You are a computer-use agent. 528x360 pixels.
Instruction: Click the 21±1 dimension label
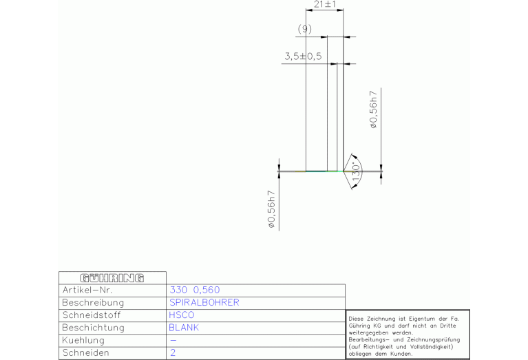tap(325, 4)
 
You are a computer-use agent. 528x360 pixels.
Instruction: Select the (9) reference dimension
tap(305, 29)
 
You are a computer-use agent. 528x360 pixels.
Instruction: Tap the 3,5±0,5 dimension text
tap(303, 56)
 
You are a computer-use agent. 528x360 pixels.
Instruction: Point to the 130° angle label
tap(356, 172)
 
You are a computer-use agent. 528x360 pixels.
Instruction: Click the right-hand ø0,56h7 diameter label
tap(373, 109)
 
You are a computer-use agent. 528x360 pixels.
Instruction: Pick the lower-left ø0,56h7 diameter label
tap(271, 209)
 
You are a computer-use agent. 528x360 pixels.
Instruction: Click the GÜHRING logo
tap(112, 278)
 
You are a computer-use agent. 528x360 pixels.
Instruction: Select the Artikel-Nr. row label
tap(87, 290)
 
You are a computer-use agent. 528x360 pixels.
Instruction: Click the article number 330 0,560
tap(195, 290)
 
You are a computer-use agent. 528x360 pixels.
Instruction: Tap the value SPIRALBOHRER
tap(204, 302)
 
